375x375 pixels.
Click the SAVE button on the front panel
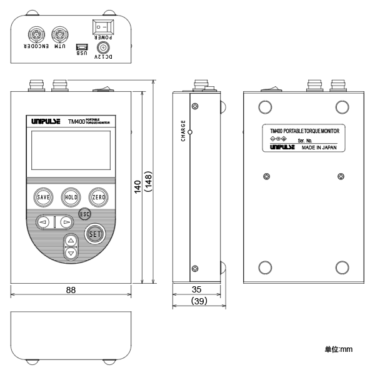(43, 197)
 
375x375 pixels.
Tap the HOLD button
(71, 197)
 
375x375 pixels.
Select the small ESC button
(85, 214)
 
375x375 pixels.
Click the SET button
(95, 234)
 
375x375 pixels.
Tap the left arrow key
(43, 221)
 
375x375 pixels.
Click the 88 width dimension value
(71, 289)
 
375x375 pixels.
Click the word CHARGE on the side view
(183, 131)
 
